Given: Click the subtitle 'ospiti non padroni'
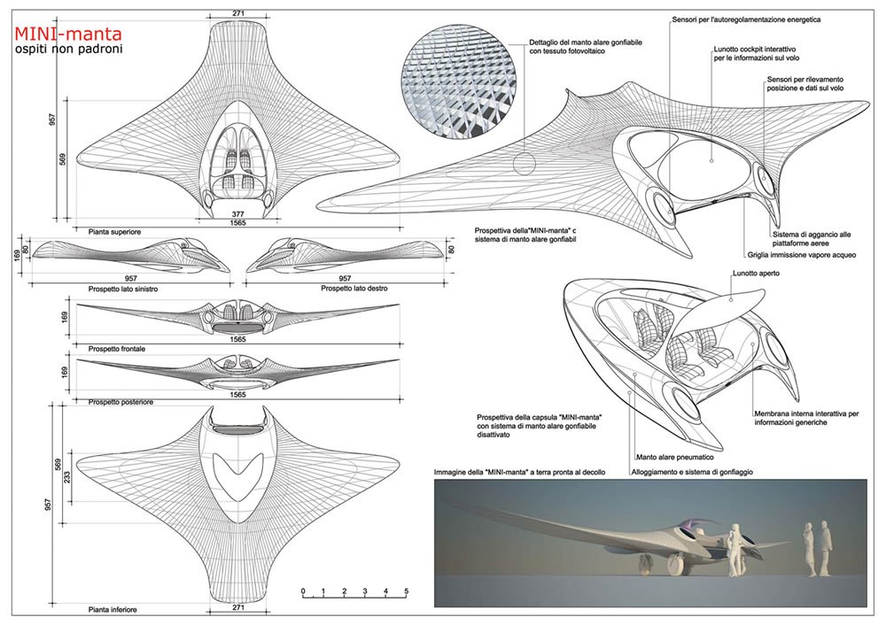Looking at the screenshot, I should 67,50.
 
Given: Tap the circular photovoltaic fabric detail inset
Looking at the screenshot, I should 458,87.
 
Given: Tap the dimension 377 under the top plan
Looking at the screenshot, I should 238,213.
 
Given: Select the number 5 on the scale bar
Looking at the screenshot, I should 406,590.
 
